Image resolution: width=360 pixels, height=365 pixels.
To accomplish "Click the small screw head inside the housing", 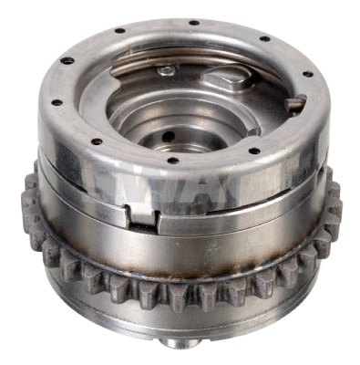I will [x=166, y=70].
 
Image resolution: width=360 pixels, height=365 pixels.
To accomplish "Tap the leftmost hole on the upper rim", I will [x=55, y=101].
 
